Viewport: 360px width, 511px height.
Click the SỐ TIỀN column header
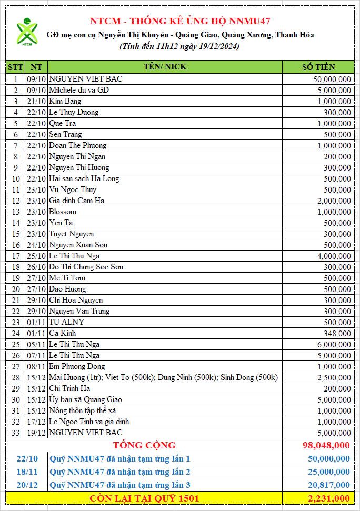(x=318, y=67)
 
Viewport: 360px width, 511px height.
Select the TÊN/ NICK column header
(x=165, y=67)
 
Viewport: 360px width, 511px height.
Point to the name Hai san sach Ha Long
(x=84, y=178)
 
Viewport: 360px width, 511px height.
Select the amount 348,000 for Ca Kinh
(x=338, y=333)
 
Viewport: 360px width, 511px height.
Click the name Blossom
(x=63, y=212)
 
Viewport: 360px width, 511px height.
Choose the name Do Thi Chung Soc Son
(x=86, y=267)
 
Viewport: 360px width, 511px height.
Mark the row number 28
(x=16, y=377)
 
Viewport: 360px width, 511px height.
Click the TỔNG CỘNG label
(x=143, y=445)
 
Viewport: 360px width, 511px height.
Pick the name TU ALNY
(x=66, y=322)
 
